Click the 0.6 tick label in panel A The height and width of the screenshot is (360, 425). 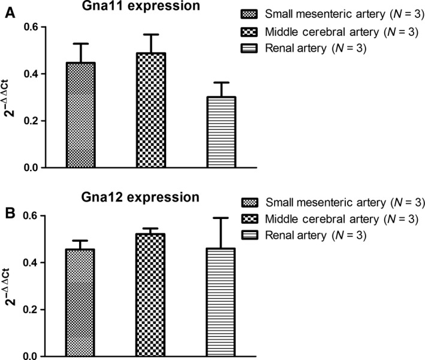pos(30,27)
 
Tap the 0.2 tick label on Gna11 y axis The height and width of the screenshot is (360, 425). pos(30,121)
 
